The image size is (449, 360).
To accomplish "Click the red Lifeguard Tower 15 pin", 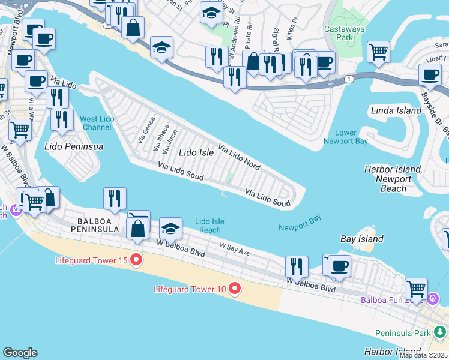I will pos(136,260).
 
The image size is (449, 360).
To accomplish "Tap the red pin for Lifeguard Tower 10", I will pos(235,289).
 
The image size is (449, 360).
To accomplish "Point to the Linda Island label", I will pos(396,111).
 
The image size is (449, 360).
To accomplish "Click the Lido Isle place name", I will pos(196,153).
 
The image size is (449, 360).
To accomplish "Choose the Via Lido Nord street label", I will pos(239,157).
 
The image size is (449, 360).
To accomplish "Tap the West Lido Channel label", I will pos(97,123).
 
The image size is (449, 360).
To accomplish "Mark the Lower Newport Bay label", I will pos(345,137).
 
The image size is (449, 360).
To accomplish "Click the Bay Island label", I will pos(361,239).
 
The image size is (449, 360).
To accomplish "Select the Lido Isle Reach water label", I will pos(209,226).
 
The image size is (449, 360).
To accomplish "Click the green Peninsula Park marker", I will pos(441,331).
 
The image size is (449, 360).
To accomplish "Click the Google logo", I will pos(20,353).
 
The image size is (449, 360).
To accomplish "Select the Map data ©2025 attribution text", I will pos(423,355).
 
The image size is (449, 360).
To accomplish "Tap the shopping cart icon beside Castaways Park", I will pos(378,52).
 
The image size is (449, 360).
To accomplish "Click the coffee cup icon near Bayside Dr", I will pos(430,74).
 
